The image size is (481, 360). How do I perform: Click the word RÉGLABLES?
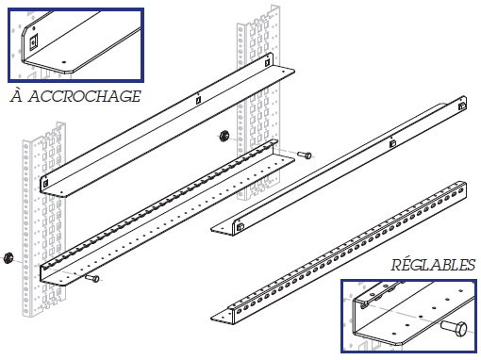433,266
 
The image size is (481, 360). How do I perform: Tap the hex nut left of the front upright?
7,256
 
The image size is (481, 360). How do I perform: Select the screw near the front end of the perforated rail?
91,278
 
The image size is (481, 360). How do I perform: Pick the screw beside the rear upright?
304,154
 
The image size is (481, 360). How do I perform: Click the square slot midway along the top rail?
197,98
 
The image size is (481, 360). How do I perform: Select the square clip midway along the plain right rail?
390,143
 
